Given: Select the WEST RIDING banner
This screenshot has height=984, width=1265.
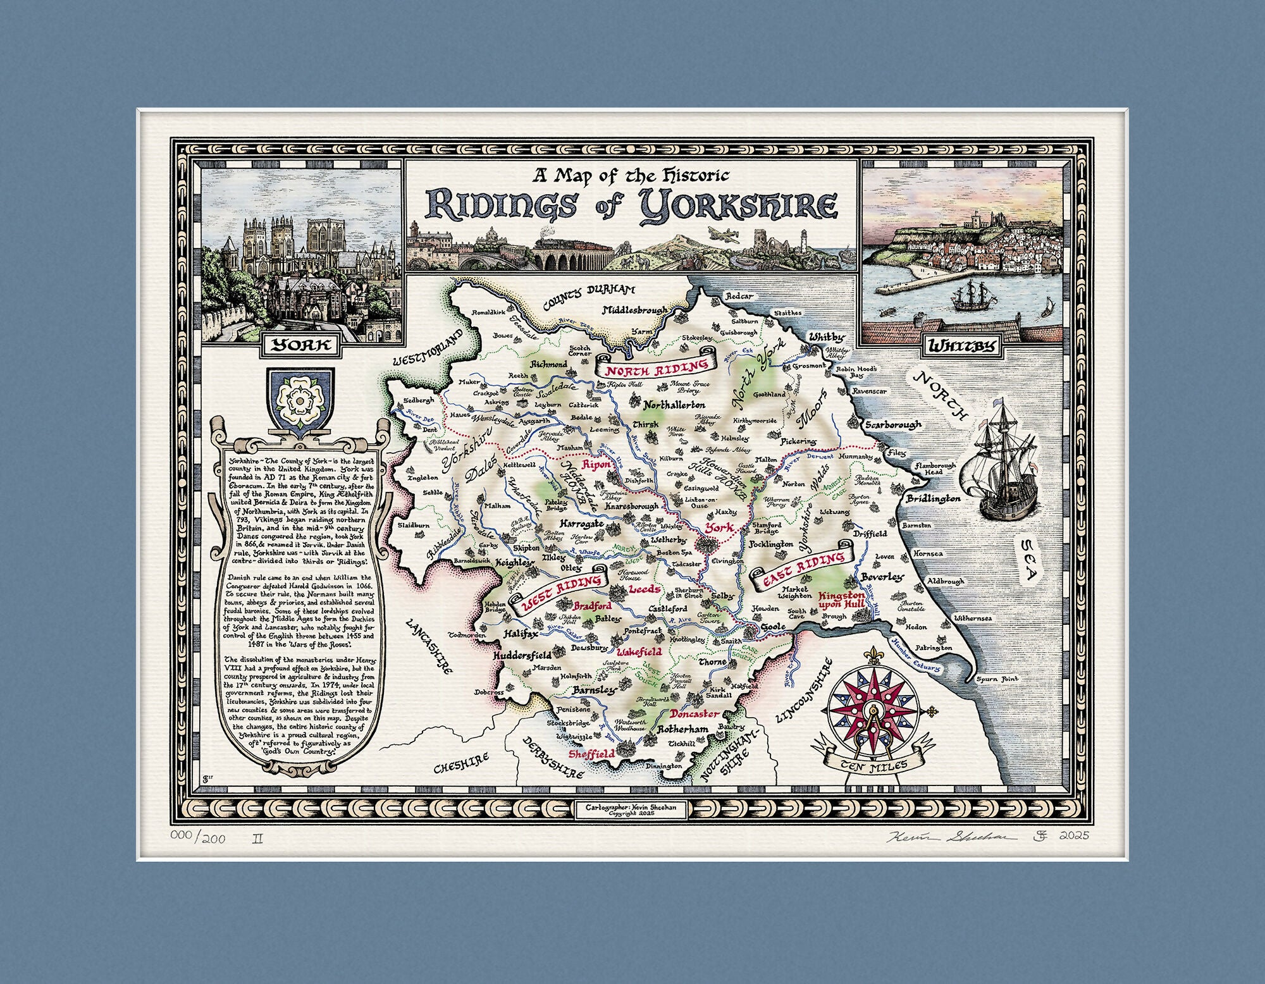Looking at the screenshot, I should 563,596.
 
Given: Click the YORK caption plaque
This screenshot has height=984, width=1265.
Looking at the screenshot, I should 299,345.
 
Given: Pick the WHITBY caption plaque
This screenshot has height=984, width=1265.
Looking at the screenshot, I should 961,346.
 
